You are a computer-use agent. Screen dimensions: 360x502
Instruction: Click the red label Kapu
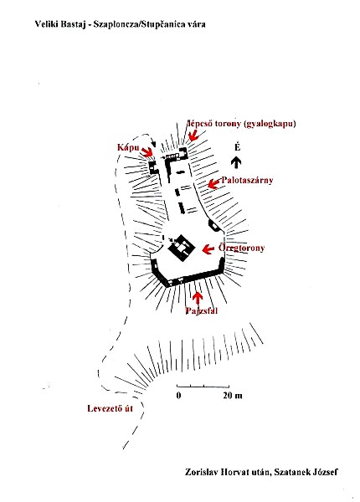pos(128,147)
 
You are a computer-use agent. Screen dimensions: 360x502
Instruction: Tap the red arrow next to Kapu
pos(147,151)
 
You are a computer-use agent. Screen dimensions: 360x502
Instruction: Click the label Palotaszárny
pos(247,180)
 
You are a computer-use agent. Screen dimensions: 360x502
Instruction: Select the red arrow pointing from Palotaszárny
pos(214,184)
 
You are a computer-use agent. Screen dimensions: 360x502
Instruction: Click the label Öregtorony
pos(241,248)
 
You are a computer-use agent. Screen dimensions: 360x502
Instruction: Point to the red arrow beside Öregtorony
pos(208,249)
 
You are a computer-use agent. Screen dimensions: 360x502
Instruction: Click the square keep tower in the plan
pos(182,248)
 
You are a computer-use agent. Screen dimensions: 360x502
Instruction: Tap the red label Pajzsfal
pos(202,310)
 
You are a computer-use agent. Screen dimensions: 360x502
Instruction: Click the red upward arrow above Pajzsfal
pos(198,299)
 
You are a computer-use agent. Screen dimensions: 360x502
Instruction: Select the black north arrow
pos(236,162)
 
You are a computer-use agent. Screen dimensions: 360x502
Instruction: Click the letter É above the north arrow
pos(237,147)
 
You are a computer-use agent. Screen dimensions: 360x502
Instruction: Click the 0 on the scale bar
pos(178,396)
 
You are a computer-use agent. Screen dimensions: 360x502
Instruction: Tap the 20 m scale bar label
pos(233,396)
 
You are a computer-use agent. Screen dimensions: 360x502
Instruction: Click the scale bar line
pos(203,386)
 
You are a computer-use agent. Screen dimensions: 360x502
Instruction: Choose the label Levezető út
pos(110,408)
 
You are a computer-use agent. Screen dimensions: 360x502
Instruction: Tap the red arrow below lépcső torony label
pos(194,135)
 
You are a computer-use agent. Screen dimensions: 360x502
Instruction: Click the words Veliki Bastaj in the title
pos(60,24)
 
